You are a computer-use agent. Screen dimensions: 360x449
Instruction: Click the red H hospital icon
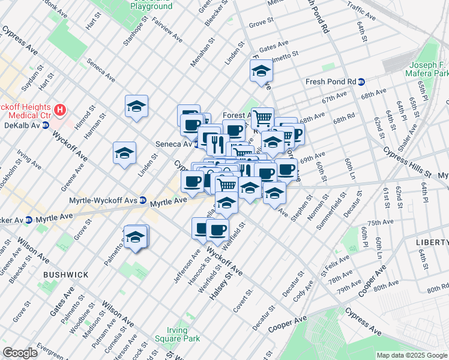coord(59,110)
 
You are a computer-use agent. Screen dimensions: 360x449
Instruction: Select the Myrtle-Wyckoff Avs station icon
coord(143,200)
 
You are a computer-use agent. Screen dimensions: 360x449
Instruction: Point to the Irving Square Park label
coord(182,335)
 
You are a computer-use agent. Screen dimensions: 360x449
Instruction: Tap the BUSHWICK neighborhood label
coord(65,274)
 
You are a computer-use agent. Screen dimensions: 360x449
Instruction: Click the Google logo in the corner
coord(20,353)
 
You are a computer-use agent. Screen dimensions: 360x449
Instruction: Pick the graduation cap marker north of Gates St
coord(261,71)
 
